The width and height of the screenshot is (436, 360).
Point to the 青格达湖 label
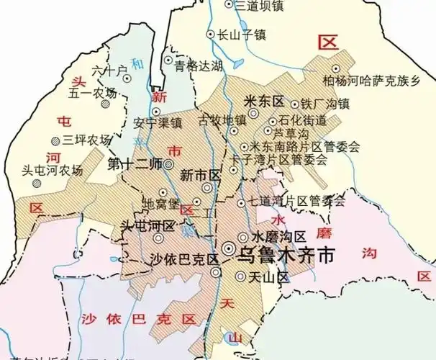[199, 66]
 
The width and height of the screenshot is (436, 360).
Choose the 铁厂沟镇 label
[324, 104]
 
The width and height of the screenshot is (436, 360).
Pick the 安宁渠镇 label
[158, 122]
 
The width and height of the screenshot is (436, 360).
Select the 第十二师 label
[134, 163]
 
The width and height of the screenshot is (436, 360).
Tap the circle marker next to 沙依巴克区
[217, 271]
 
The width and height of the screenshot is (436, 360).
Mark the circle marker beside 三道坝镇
[230, 4]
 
